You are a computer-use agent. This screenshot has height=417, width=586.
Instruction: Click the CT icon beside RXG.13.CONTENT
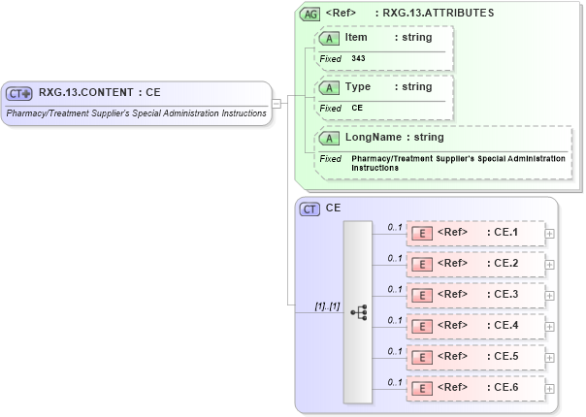19,93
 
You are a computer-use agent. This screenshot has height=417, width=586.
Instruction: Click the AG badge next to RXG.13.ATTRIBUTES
310,15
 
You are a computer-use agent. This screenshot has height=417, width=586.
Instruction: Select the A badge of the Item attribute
329,37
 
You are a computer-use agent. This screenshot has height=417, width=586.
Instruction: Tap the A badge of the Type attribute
329,87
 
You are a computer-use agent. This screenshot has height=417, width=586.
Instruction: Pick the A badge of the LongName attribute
329,138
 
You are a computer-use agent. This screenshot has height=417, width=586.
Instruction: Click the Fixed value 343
358,58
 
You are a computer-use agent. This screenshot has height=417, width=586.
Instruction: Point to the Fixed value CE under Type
357,109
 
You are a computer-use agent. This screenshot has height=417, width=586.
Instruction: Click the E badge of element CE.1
421,233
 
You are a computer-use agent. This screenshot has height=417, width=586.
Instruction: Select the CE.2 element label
505,263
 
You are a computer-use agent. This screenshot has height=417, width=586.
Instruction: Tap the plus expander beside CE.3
550,294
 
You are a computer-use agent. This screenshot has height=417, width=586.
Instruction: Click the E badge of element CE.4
421,325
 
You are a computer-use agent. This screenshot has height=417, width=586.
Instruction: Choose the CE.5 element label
505,356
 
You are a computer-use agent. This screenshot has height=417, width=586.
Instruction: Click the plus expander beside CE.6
550,388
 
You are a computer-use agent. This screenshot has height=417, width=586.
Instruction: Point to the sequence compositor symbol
358,311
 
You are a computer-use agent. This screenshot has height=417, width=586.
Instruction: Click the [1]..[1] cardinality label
326,306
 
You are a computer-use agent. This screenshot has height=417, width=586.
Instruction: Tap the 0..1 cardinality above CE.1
395,227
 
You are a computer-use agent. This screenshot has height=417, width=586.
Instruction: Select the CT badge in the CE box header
310,208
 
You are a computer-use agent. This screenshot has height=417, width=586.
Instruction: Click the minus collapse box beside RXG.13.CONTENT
277,102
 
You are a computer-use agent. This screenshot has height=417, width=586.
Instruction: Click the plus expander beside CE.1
550,233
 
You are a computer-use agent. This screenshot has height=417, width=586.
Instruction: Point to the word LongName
373,138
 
